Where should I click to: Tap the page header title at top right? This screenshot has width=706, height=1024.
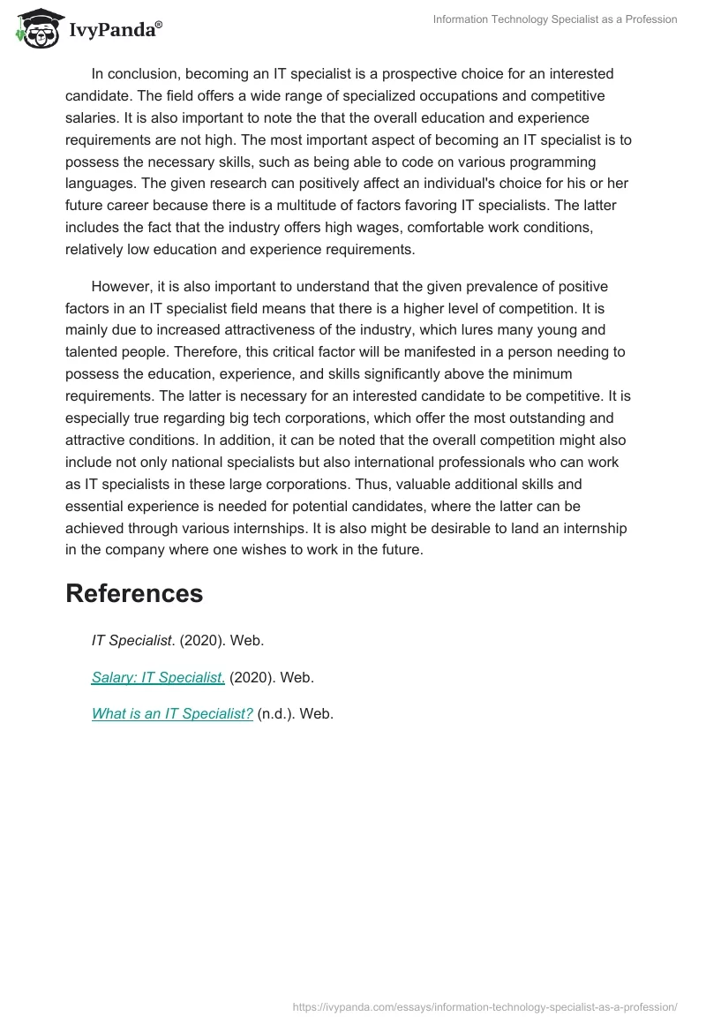coord(555,19)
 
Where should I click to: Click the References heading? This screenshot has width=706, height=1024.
coord(134,593)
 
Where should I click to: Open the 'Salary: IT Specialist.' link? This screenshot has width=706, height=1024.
coord(158,678)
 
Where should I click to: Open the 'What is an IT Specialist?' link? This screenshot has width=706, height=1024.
coord(172,714)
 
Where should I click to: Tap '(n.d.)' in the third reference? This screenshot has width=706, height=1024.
coord(276,714)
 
